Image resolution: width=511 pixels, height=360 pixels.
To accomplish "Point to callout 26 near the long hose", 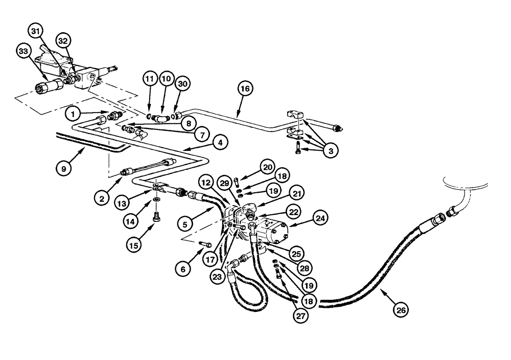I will click(x=401, y=309).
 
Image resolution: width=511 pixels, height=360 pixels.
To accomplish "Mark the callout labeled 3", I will click(x=331, y=151).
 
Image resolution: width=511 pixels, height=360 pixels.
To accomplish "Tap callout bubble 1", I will click(x=73, y=113).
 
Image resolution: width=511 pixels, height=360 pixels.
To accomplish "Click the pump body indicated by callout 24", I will click(x=273, y=233).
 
